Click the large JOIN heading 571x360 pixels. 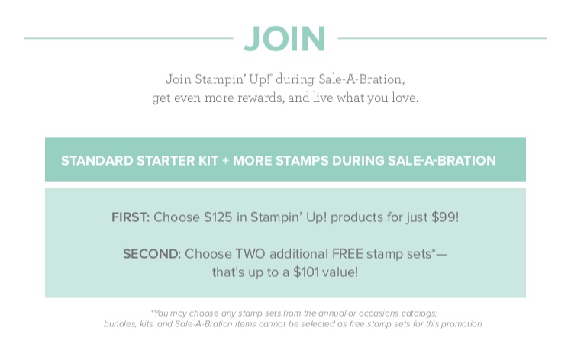pyautogui.click(x=285, y=39)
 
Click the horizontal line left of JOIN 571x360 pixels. pyautogui.click(x=128, y=38)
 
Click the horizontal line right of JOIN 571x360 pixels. pyautogui.click(x=442, y=38)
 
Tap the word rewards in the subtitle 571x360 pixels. pyautogui.click(x=261, y=98)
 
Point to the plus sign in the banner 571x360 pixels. pyautogui.click(x=225, y=160)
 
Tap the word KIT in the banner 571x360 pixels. pyautogui.click(x=208, y=160)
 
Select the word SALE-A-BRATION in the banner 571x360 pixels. pyautogui.click(x=442, y=160)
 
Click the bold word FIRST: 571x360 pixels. pyautogui.click(x=131, y=217)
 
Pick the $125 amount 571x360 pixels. pyautogui.click(x=218, y=217)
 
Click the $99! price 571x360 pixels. pyautogui.click(x=445, y=217)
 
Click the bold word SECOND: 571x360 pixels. pyautogui.click(x=152, y=254)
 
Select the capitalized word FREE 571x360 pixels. pyautogui.click(x=347, y=254)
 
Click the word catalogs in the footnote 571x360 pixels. pyautogui.click(x=419, y=313)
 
